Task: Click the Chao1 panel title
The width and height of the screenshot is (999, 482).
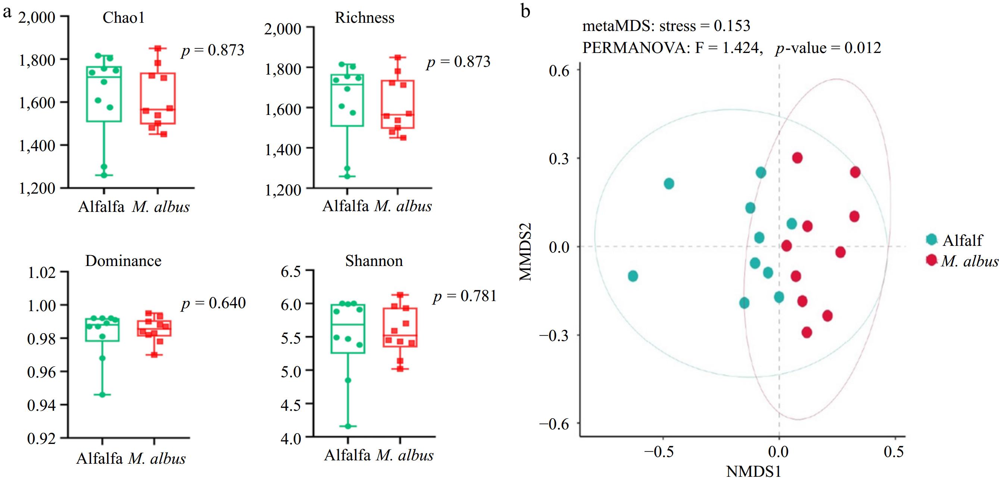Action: coord(123,18)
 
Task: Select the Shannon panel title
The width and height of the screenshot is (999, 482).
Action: coord(374,261)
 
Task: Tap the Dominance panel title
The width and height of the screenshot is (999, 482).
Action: coord(123,261)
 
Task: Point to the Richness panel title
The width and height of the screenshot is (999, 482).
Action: coord(365,18)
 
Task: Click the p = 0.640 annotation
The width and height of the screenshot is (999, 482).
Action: coord(214,303)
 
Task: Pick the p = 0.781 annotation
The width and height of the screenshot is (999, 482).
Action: coord(465,296)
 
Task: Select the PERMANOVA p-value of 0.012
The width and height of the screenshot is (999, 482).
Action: coord(828,48)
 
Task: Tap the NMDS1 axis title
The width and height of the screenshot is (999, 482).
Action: coord(753,472)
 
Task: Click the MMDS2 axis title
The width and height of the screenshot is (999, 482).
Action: coord(525,252)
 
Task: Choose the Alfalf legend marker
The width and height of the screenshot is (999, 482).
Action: coord(931,239)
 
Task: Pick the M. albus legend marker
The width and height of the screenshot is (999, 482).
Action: coord(931,259)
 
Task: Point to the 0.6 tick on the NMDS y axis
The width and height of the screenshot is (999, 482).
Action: coord(559,71)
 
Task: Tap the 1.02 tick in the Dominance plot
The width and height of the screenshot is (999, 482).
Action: coord(41,273)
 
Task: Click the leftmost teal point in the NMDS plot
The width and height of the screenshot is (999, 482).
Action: coord(633,276)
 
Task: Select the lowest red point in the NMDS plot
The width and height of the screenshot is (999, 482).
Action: coord(807,332)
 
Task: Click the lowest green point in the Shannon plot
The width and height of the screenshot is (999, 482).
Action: coord(348,426)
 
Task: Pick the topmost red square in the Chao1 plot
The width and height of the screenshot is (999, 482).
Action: coord(158,48)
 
